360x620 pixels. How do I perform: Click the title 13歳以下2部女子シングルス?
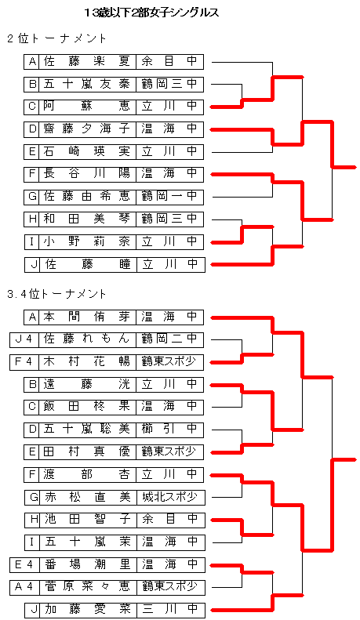(151, 13)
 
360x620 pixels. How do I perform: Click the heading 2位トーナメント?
(56, 38)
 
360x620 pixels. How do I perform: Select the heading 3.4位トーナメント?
(56, 294)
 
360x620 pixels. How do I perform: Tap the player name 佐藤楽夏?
(87, 62)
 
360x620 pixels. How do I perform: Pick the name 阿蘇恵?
(87, 107)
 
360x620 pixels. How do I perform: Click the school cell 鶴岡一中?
(169, 196)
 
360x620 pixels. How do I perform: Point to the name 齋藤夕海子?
(87, 129)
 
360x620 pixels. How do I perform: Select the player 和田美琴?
(87, 219)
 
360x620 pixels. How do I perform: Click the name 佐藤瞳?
(88, 263)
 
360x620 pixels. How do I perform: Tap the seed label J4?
(24, 339)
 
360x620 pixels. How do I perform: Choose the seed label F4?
(24, 362)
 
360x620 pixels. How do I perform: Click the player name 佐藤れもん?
(87, 339)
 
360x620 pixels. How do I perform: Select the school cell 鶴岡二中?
(169, 339)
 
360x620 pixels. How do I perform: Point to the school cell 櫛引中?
(169, 429)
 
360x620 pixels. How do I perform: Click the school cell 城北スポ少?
(170, 497)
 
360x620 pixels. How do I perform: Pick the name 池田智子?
(88, 519)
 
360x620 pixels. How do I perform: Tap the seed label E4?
(24, 565)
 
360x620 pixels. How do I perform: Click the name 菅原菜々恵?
(88, 586)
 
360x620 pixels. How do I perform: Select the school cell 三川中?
(170, 609)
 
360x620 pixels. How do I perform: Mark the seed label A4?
(24, 587)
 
